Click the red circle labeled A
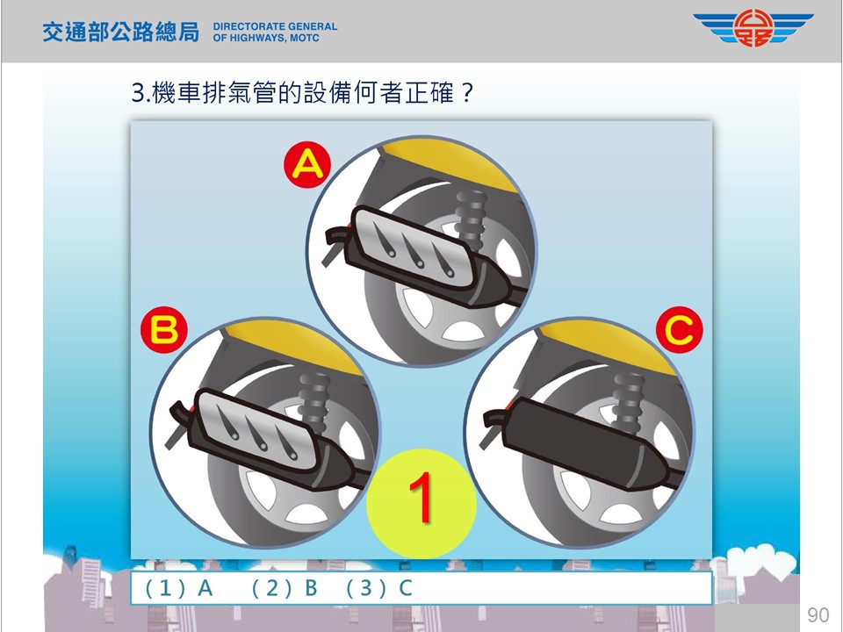307,164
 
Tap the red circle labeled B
164,329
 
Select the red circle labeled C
680,329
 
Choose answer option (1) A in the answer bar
179,588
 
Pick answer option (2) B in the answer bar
285,588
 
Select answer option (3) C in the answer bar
379,588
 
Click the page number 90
818,614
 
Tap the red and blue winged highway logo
753,28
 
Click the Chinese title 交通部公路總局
121,32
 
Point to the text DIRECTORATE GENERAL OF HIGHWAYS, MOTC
275,32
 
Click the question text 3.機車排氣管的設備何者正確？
302,93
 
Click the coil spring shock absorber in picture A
471,220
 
